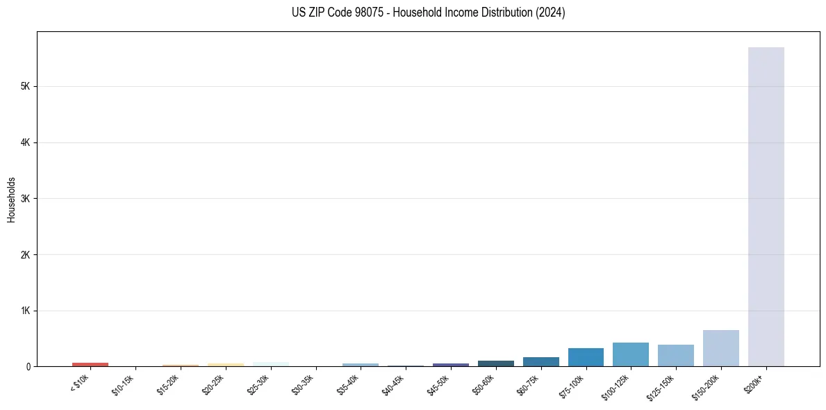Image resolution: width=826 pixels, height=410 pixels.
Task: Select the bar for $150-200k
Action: coord(720,348)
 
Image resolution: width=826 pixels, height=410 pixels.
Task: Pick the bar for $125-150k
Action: coord(675,355)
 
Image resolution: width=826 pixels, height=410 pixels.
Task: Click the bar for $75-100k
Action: coord(586,357)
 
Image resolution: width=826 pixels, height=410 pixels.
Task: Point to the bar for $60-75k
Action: coord(540,361)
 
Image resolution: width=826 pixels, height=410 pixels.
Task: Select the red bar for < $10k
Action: coord(90,364)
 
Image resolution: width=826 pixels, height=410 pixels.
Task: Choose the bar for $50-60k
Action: coord(495,363)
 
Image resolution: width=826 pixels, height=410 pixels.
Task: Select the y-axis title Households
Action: coord(11,199)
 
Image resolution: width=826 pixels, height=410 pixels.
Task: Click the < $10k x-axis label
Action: coord(79,383)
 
